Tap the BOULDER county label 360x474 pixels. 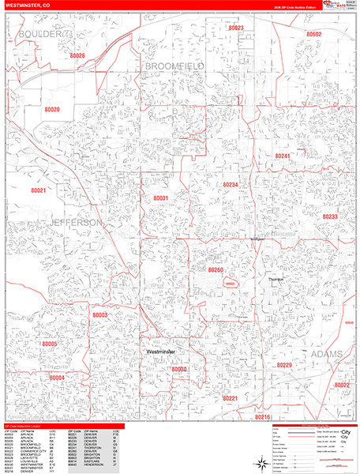tap(39, 35)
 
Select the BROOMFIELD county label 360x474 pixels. tap(174, 66)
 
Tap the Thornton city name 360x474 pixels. tap(275, 280)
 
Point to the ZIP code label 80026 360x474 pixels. tap(77, 56)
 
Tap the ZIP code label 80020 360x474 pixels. tap(53, 110)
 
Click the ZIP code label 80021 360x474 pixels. tap(39, 190)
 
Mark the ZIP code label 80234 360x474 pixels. tap(231, 184)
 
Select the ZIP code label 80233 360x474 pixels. tap(330, 216)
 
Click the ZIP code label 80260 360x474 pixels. tap(216, 270)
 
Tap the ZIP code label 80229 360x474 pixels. tap(284, 365)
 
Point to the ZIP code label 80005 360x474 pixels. tap(50, 344)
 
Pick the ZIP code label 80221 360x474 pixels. tap(231, 398)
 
